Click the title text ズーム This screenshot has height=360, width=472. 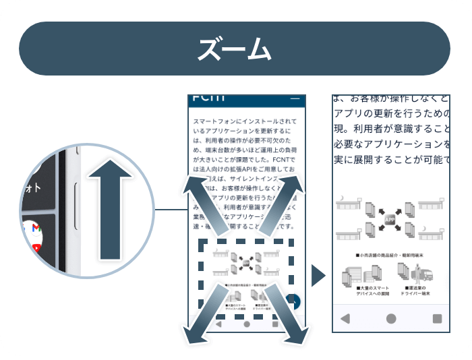pyautogui.click(x=235, y=49)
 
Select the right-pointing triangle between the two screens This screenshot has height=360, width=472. pyautogui.click(x=318, y=275)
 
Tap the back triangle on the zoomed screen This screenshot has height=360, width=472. pyautogui.click(x=345, y=318)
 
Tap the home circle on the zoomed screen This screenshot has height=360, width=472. pyautogui.click(x=391, y=318)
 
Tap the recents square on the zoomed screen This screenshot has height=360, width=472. pyautogui.click(x=437, y=318)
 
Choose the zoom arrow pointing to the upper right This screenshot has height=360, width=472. pyautogui.click(x=283, y=200)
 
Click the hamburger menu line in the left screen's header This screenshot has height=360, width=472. pyautogui.click(x=294, y=99)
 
